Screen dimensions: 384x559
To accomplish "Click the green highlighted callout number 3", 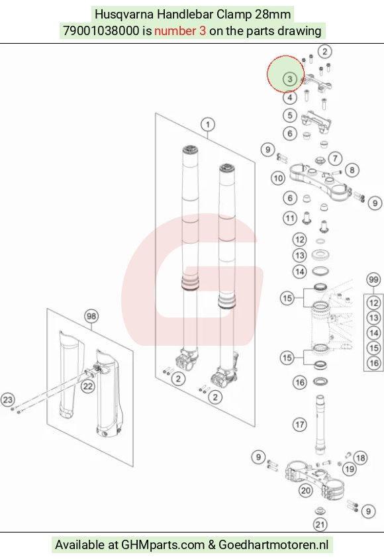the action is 289,79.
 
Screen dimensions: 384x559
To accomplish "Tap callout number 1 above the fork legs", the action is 208,125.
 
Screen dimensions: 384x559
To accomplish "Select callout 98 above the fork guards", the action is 91,316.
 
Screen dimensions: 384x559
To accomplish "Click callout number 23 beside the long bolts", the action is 8,399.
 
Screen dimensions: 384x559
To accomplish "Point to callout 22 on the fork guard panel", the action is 87,386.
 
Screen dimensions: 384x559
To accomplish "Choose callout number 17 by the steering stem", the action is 299,425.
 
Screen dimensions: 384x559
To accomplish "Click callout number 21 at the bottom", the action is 320,524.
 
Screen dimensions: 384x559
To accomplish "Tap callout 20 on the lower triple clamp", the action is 306,491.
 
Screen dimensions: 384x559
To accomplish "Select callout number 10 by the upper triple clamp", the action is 278,178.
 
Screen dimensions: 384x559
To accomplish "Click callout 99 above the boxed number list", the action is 373,279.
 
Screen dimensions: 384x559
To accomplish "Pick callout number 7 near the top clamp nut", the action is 335,158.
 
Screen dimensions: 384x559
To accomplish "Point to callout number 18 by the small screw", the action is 360,458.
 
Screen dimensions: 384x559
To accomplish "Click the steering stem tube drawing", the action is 320,425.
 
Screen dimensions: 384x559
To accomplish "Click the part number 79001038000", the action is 101,30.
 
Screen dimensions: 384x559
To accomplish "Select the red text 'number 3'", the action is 180,30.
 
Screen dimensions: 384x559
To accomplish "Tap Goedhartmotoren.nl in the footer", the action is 273,544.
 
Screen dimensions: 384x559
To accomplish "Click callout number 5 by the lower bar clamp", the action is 289,115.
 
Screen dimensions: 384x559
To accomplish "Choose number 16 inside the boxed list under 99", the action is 373,363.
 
